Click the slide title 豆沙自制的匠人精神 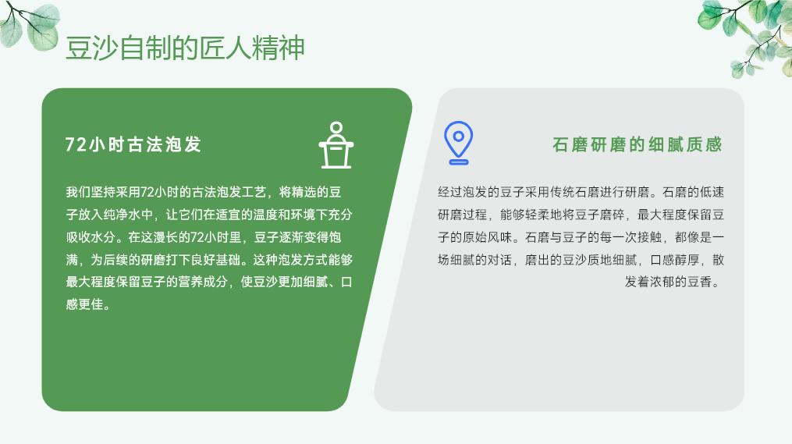(185, 48)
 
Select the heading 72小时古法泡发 (133, 144)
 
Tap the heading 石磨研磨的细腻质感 (638, 144)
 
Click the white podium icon (336, 145)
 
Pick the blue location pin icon (458, 143)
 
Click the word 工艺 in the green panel (254, 192)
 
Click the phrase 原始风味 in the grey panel (488, 237)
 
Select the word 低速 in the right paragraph (712, 192)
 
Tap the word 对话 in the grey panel (499, 260)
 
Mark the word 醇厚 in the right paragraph (687, 260)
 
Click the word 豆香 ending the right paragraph (700, 282)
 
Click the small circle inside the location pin (459, 136)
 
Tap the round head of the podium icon (336, 128)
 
